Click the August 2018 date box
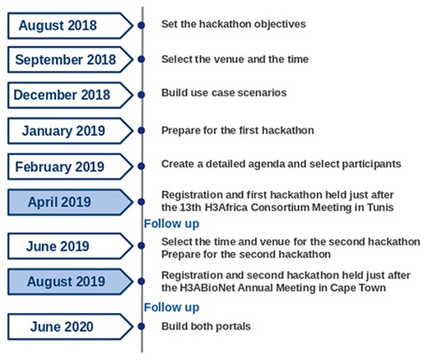(64, 26)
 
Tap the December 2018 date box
(65, 95)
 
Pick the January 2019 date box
(64, 130)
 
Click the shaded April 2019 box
(64, 202)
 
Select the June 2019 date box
(64, 245)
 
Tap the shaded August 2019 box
(64, 282)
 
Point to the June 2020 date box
(64, 326)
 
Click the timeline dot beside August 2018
(142, 26)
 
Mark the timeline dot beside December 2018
(142, 95)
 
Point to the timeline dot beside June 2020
(142, 326)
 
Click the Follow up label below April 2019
(171, 224)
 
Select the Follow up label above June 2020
(171, 307)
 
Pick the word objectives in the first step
(279, 24)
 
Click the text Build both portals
(206, 326)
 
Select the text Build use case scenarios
(224, 93)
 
